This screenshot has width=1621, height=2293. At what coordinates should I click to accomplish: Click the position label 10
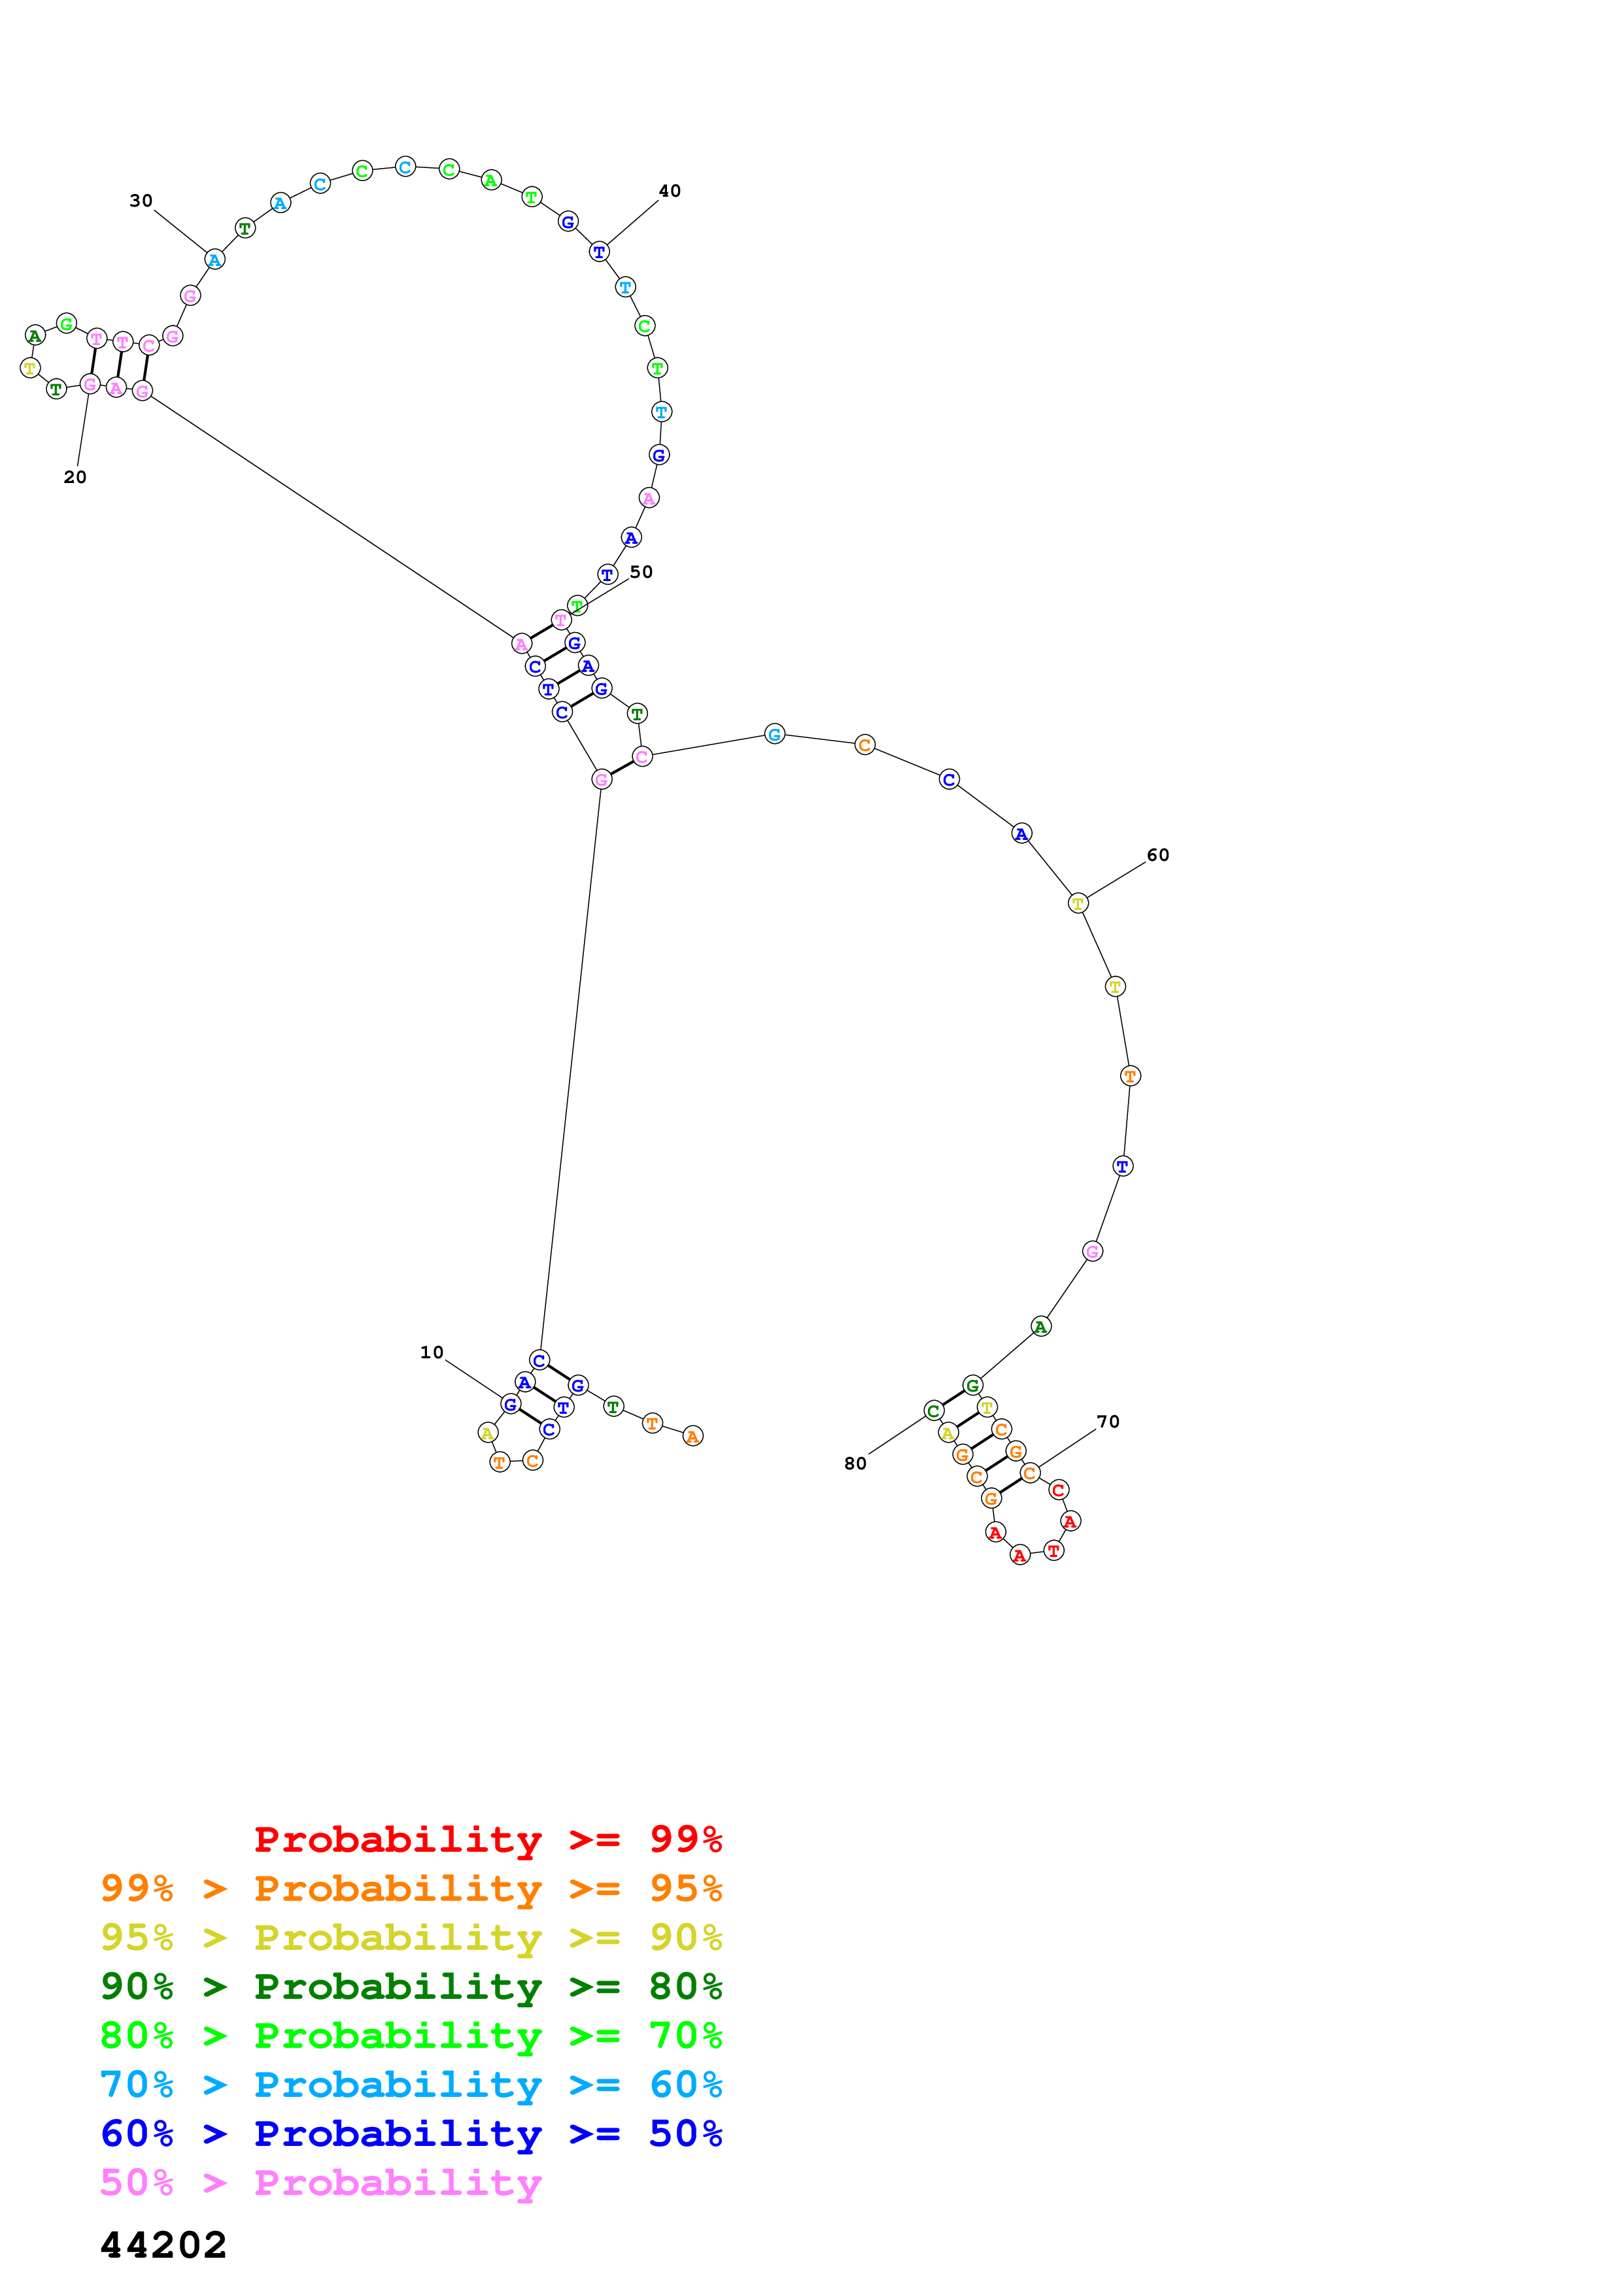432,1352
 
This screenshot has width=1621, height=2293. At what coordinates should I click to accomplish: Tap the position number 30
141,201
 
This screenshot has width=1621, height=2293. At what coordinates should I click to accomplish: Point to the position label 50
641,572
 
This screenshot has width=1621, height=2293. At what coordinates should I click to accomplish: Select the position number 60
1157,855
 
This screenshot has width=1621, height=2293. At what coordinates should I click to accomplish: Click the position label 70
1108,1421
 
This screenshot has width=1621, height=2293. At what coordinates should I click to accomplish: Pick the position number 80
855,1463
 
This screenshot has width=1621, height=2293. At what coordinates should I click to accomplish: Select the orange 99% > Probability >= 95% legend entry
411,1888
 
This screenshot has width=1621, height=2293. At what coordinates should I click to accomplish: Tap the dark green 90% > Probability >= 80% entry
411,1986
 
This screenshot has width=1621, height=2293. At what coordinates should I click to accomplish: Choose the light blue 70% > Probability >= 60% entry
411,2084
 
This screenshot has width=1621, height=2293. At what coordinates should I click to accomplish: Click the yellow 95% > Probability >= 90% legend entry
411,1937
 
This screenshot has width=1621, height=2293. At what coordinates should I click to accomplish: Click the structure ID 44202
163,2244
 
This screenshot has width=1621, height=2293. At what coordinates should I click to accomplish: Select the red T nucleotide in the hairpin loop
1053,1550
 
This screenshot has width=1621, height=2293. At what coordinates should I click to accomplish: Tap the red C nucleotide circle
1059,1490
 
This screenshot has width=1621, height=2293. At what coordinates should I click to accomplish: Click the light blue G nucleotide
774,734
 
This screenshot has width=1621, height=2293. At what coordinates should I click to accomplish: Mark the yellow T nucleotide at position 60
1078,903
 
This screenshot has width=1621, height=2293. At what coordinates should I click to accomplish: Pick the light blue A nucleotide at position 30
214,259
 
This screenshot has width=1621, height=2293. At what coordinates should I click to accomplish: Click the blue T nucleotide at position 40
599,252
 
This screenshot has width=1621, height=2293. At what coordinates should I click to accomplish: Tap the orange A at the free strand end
692,1436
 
